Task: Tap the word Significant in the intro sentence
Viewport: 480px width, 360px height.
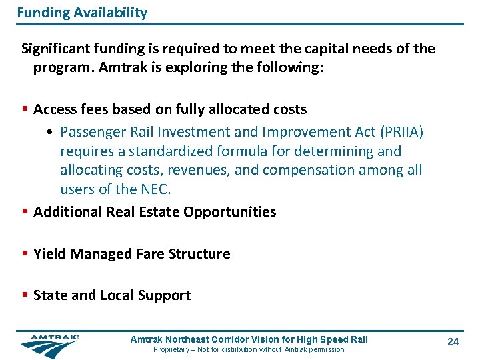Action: click(x=55, y=49)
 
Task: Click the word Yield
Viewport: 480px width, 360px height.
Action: click(x=50, y=254)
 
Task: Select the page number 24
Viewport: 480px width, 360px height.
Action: click(x=453, y=342)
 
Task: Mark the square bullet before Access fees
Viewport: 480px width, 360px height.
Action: click(x=25, y=109)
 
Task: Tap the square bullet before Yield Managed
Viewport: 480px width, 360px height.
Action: click(x=25, y=254)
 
